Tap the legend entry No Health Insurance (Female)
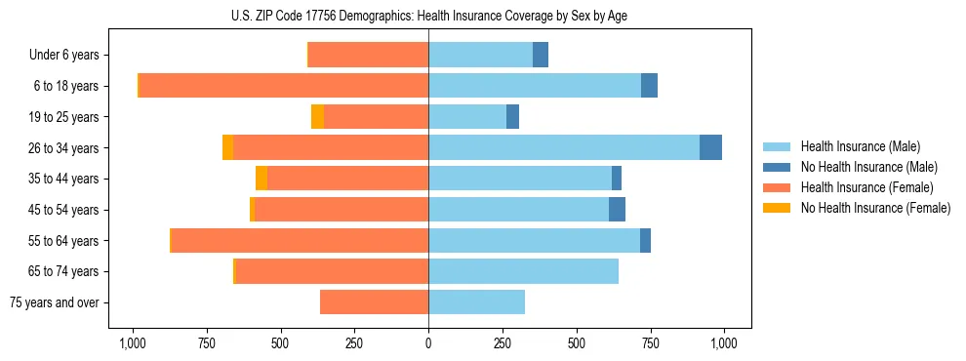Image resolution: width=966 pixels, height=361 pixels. point(875,208)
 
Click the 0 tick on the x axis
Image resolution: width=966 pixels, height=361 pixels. point(428,343)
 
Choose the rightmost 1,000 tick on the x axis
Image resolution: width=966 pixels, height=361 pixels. point(724,343)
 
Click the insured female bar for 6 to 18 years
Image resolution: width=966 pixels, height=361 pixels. point(284,86)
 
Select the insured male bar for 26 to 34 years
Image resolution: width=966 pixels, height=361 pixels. point(564,147)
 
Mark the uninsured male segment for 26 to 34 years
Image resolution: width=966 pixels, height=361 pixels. point(710,147)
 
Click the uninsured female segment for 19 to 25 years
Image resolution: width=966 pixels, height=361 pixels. point(317,117)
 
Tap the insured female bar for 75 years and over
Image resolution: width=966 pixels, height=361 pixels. point(374,302)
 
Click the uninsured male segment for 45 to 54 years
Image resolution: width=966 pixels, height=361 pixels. point(617,210)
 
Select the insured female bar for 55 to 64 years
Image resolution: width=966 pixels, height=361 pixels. point(300,240)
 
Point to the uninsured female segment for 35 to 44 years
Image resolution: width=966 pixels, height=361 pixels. point(262,179)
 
